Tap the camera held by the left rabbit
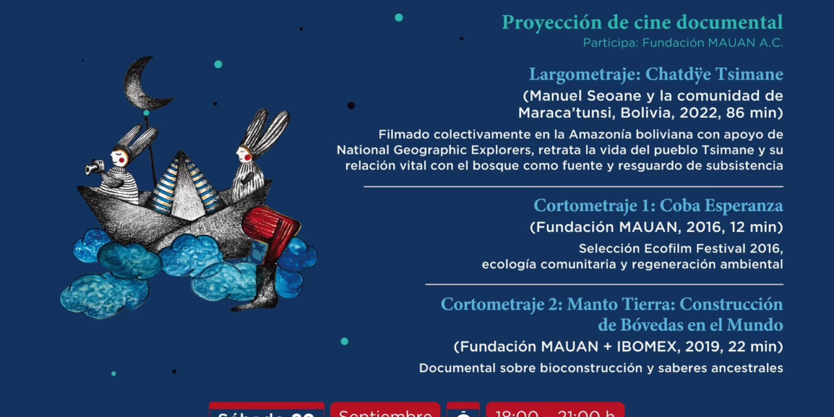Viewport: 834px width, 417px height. point(95,167)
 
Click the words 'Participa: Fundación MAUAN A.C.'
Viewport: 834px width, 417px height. point(683,43)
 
